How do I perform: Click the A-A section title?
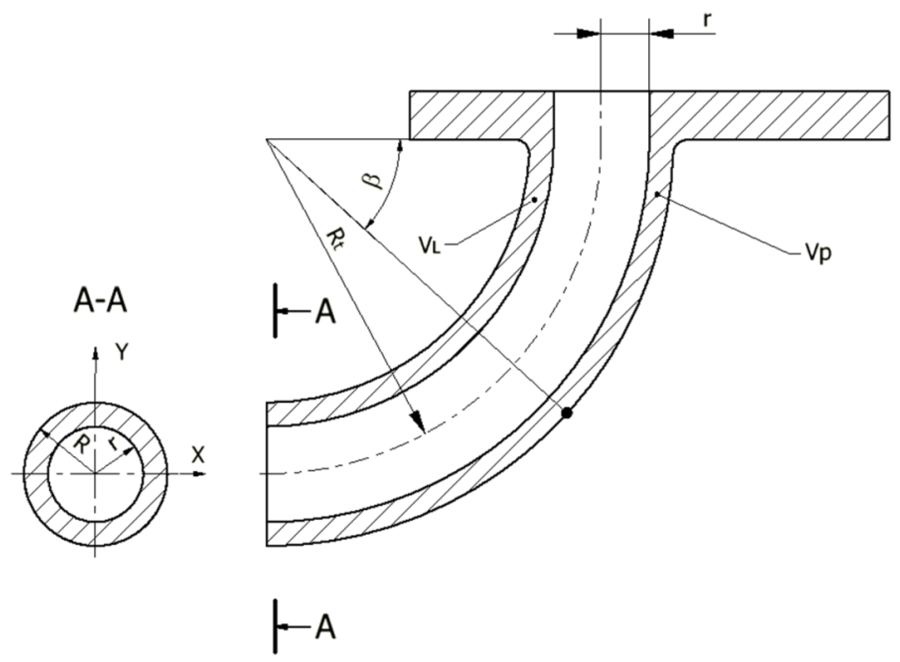[101, 301]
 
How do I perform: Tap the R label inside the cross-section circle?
[81, 445]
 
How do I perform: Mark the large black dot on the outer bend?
[566, 413]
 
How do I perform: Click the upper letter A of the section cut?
[325, 313]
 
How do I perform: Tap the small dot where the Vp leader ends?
[657, 194]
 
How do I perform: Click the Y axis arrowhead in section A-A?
[95, 352]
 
